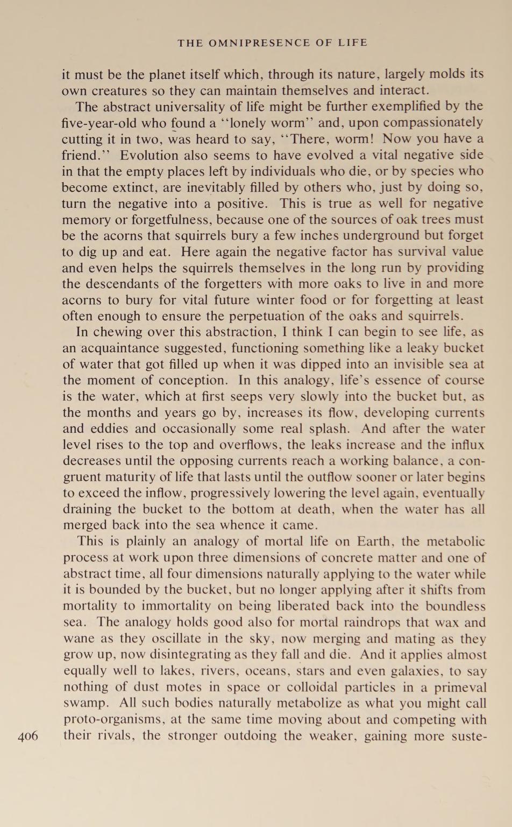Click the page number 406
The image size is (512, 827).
[28, 736]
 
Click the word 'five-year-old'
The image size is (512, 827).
[97, 123]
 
